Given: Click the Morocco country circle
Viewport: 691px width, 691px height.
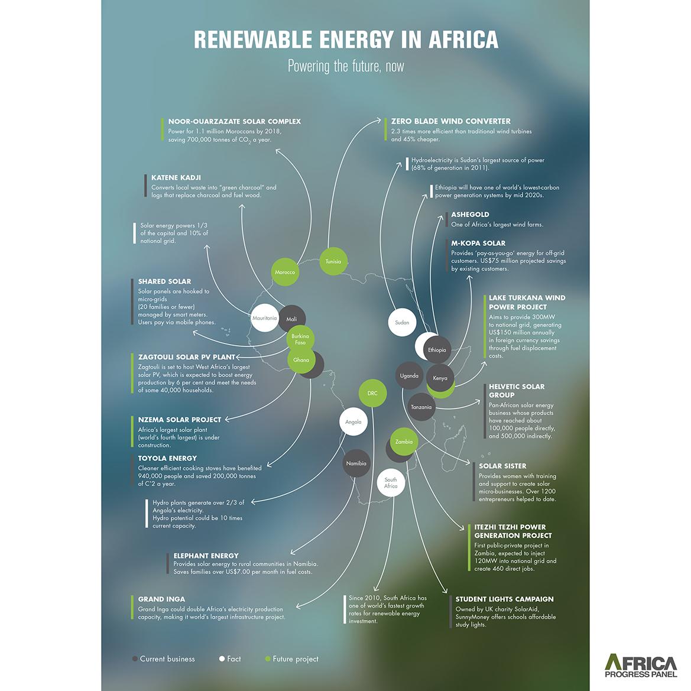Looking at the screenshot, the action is click(285, 272).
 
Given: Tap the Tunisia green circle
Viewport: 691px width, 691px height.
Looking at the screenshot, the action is click(333, 261).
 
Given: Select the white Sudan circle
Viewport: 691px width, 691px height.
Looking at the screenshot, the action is click(402, 322).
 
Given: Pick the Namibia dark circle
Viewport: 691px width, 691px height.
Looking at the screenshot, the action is click(356, 463).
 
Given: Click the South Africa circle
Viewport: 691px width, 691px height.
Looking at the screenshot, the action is click(391, 482).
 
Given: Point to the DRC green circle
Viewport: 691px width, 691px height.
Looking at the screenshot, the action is click(372, 393).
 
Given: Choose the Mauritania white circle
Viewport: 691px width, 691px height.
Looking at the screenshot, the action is click(264, 318).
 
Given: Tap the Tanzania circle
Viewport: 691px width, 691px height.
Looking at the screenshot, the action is click(421, 407).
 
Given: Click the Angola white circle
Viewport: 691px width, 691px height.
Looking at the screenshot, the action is click(353, 422).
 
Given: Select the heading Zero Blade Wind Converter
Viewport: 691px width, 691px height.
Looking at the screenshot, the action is click(450, 121).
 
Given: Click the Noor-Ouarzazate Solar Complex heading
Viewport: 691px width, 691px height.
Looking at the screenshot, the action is click(234, 121).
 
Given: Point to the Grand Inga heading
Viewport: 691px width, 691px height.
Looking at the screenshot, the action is click(161, 599).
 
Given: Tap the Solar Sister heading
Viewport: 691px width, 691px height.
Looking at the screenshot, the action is click(502, 466).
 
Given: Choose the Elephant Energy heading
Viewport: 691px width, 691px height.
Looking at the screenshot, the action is click(206, 556).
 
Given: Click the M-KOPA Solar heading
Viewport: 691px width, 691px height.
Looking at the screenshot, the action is click(478, 243).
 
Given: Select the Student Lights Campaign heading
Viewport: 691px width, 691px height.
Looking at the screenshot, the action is click(504, 599).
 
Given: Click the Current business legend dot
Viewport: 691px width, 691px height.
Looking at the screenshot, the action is click(135, 658).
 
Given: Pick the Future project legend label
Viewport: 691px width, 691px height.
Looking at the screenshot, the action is click(295, 658).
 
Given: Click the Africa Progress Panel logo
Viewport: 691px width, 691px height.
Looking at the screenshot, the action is click(641, 665).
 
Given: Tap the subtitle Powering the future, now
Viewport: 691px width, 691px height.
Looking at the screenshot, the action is click(346, 66).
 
